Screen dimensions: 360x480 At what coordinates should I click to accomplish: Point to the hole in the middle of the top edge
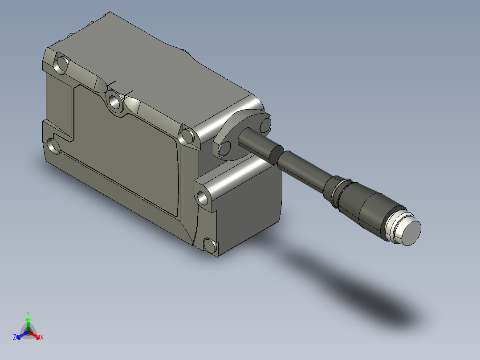click(x=114, y=102)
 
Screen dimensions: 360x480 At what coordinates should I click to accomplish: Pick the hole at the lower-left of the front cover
click(x=53, y=146)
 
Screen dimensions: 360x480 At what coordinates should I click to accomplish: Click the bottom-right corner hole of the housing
click(x=209, y=245)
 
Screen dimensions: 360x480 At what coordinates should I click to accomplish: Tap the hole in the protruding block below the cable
click(x=202, y=196)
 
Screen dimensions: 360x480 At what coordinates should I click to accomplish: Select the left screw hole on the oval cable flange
click(x=225, y=147)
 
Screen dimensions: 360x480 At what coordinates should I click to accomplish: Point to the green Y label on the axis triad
click(x=28, y=313)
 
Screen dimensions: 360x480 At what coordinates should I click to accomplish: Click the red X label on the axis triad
click(x=42, y=338)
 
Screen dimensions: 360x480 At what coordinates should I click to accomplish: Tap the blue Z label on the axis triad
click(x=15, y=338)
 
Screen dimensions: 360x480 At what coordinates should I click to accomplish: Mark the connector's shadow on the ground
click(x=356, y=290)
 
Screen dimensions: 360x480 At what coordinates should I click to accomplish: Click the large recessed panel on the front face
click(x=129, y=160)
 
